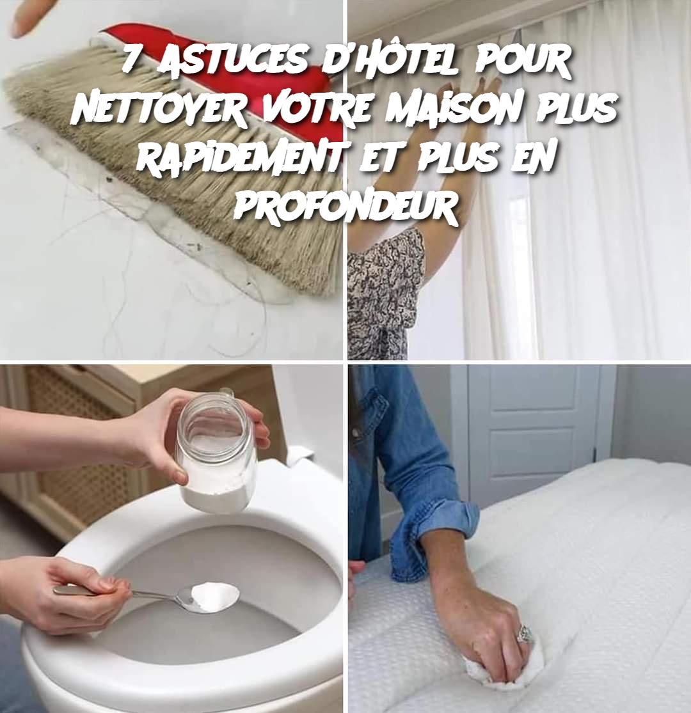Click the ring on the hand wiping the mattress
[525, 632]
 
